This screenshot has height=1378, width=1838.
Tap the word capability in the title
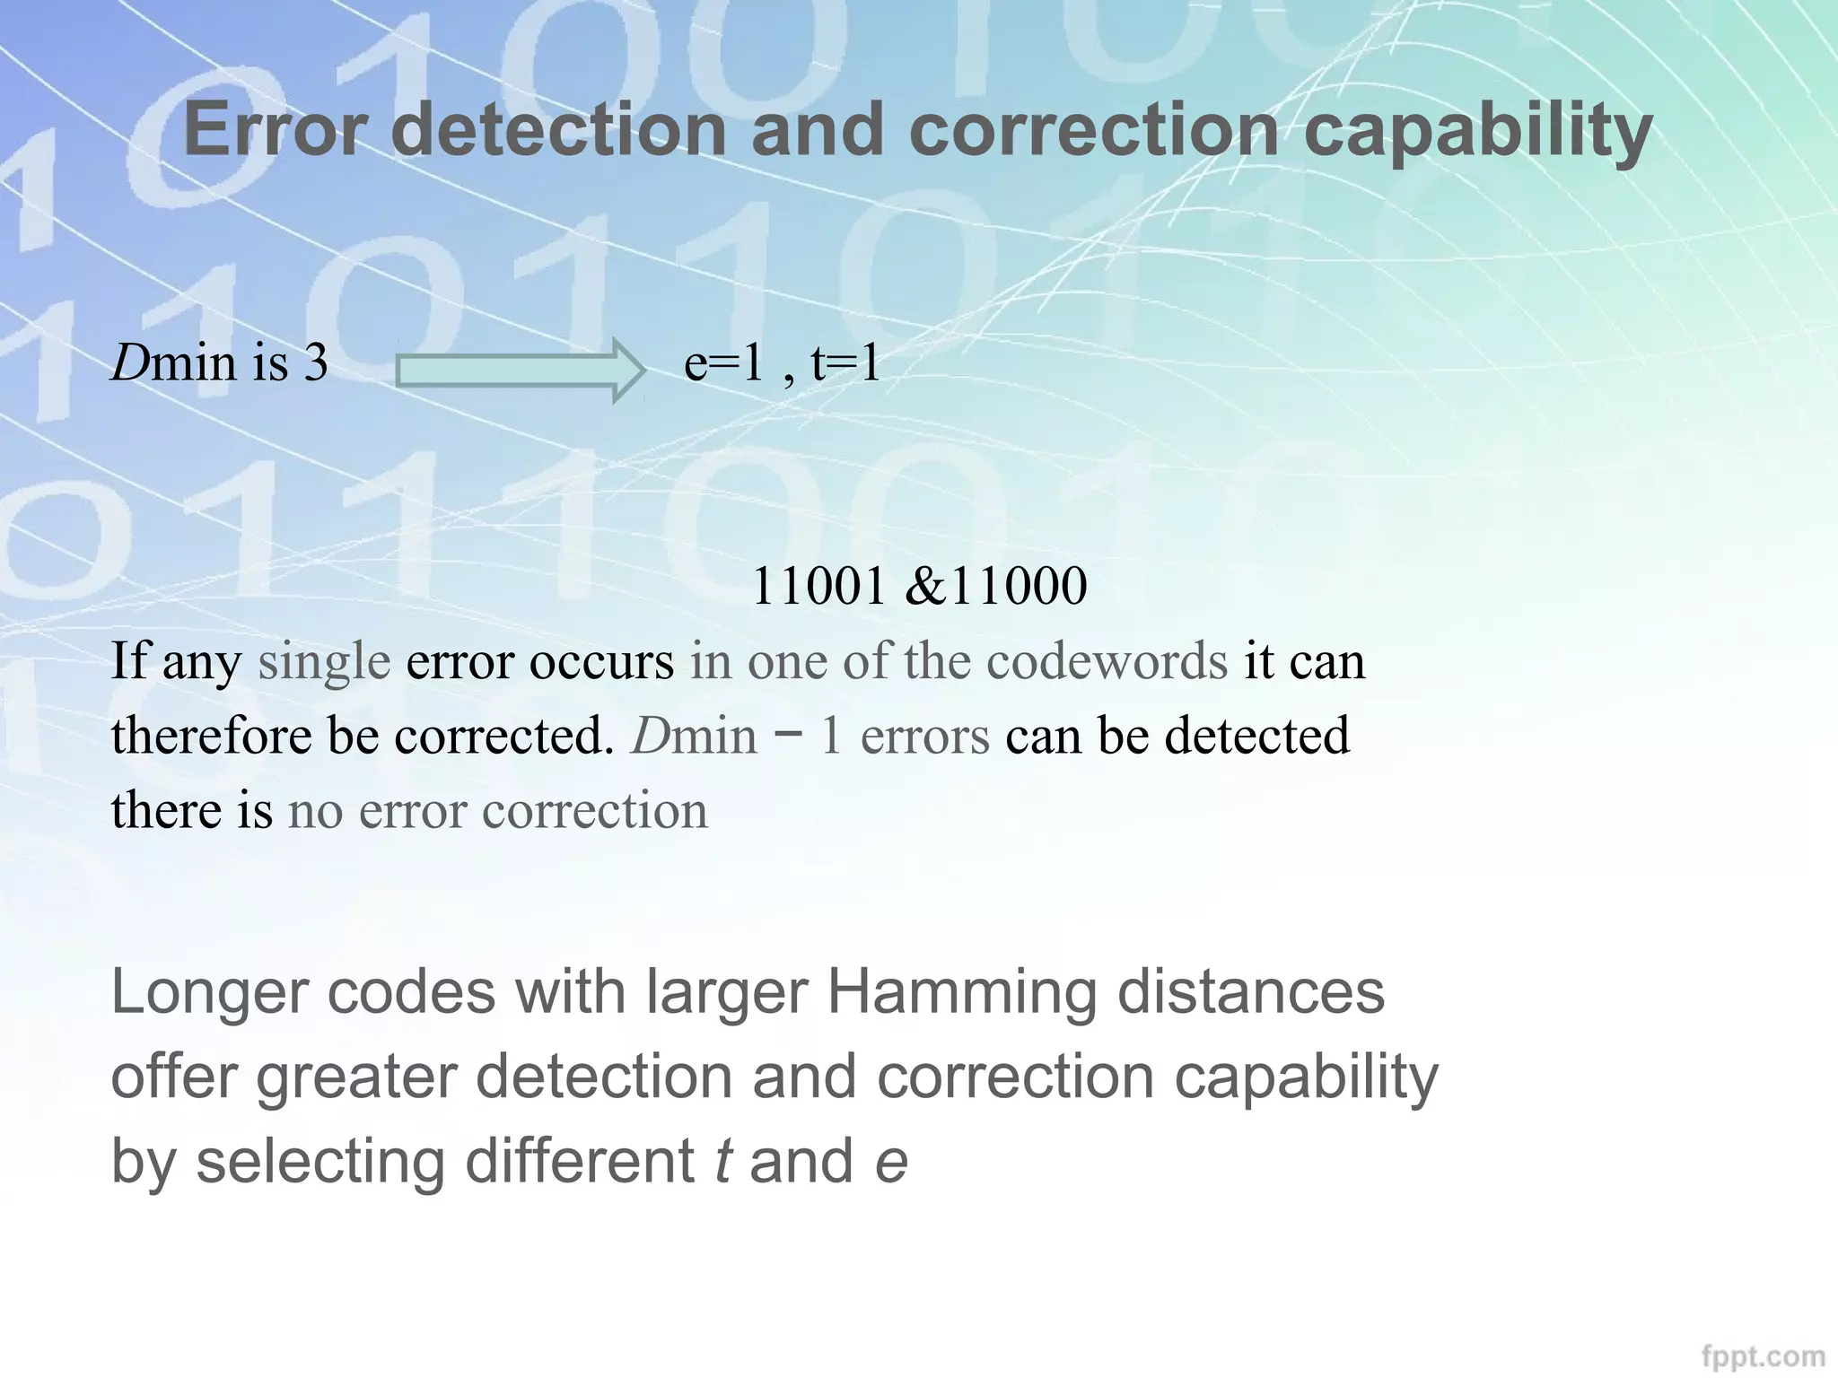pyautogui.click(x=1477, y=133)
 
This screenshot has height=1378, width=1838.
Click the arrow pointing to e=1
pyautogui.click(x=521, y=370)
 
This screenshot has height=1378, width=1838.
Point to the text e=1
pyautogui.click(x=723, y=363)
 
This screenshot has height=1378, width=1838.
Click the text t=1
pyautogui.click(x=845, y=363)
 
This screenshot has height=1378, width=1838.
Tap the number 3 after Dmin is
pyautogui.click(x=316, y=363)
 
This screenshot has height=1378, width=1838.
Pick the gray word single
pyautogui.click(x=324, y=662)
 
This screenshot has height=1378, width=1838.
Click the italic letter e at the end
pyautogui.click(x=890, y=1162)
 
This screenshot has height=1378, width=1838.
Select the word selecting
pyautogui.click(x=320, y=1163)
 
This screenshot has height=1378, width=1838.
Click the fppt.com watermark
pyautogui.click(x=1764, y=1355)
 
